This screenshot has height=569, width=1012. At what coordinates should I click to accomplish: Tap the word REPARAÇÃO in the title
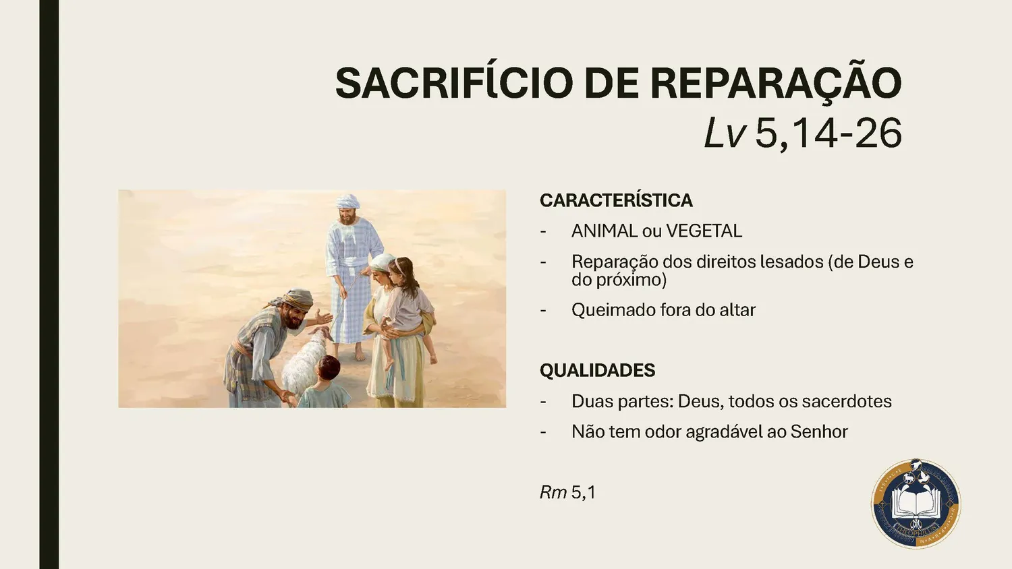point(775,83)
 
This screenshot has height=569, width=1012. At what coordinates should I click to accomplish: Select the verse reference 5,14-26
point(828,133)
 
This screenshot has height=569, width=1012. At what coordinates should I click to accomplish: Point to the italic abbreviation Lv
point(724,133)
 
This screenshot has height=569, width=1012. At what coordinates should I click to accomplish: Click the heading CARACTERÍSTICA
point(616,200)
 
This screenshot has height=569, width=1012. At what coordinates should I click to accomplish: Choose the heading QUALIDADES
point(597,370)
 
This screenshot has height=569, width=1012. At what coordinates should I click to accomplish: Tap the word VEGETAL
point(704,231)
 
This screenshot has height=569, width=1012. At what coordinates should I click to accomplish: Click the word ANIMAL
point(604,231)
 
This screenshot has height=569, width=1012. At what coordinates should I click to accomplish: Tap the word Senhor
point(819,431)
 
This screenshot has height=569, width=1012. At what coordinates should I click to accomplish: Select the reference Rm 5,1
point(567,493)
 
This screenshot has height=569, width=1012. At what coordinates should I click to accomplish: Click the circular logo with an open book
point(916,504)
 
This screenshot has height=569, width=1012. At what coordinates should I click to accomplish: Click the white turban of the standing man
point(347,201)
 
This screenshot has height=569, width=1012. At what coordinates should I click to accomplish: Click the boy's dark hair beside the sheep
point(329,367)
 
